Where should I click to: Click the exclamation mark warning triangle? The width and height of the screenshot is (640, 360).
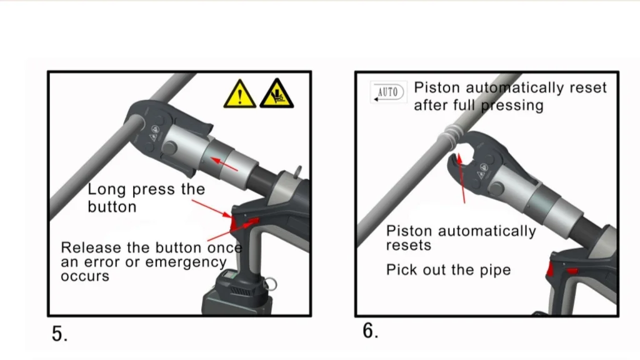(x=240, y=96)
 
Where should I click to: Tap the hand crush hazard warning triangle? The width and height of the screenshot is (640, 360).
(x=277, y=95)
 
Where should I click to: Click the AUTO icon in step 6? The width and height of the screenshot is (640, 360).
(x=387, y=92)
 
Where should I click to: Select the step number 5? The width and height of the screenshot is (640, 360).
(x=59, y=334)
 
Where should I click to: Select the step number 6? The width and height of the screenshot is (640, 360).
(x=370, y=331)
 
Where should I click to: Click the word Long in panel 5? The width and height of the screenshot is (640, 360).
(x=107, y=189)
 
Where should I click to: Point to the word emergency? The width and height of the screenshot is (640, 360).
(x=186, y=262)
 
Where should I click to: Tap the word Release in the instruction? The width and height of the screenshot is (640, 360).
(x=91, y=247)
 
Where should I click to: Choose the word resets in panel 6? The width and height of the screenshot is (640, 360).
(x=408, y=246)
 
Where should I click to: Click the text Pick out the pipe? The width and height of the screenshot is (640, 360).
(x=448, y=271)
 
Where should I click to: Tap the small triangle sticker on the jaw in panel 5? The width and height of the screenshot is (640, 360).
(x=153, y=132)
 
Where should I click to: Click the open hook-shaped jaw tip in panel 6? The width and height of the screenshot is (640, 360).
(x=455, y=161)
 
